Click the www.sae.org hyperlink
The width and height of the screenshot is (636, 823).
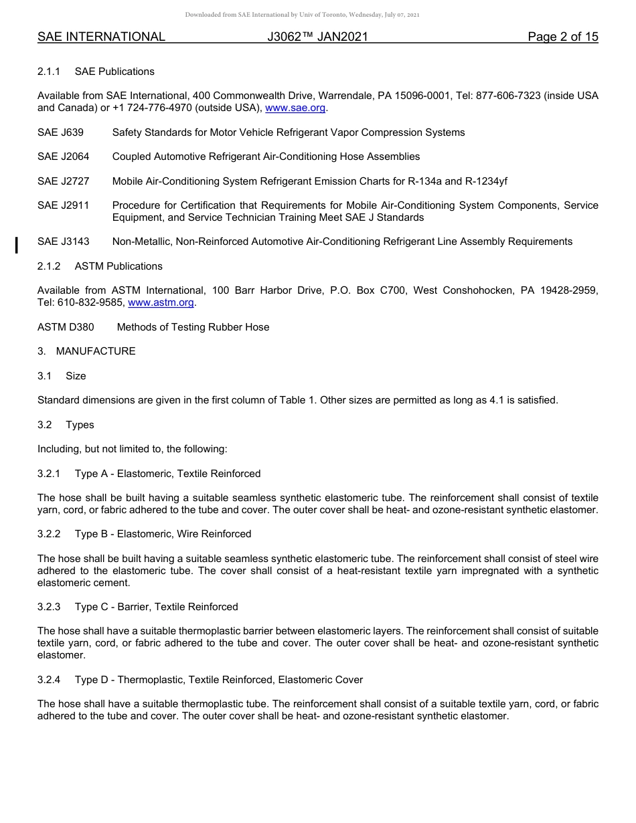[295, 108]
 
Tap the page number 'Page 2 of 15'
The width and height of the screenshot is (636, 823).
[562, 37]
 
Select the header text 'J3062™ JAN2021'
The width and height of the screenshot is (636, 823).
[317, 37]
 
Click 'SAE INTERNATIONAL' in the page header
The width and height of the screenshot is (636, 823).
[101, 37]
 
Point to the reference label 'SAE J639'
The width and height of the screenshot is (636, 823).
[60, 132]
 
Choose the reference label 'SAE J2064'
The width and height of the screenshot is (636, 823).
[63, 157]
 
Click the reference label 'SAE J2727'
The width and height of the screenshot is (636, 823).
[63, 181]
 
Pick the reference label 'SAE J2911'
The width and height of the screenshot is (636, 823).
[63, 205]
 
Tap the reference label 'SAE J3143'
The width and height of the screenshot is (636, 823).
[63, 242]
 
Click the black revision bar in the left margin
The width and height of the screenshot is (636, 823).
[17, 244]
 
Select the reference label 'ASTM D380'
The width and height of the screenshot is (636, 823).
[66, 327]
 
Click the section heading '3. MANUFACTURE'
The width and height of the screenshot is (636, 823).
[86, 351]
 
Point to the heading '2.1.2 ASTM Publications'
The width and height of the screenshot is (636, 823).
[100, 266]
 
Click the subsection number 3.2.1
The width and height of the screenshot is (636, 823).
[49, 474]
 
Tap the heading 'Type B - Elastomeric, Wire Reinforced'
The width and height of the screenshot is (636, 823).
[163, 534]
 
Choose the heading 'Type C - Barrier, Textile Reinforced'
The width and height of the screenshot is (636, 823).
[156, 607]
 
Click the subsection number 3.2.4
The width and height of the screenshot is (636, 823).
[49, 680]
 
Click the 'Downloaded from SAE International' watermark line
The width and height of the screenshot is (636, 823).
[302, 15]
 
